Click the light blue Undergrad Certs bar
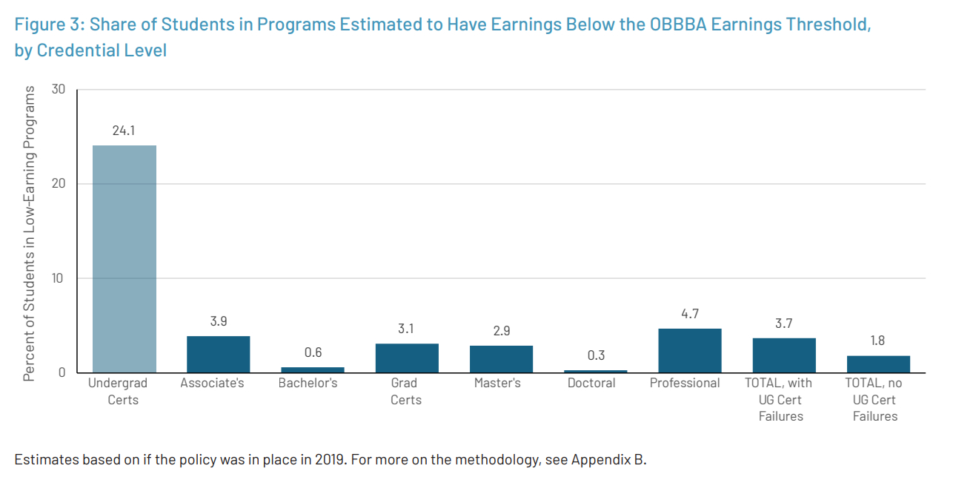click(x=124, y=259)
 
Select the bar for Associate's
click(x=218, y=355)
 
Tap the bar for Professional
click(x=689, y=350)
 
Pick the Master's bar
click(x=501, y=359)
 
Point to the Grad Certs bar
click(x=407, y=358)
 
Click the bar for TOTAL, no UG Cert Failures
click(x=878, y=364)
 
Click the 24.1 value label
click(x=124, y=131)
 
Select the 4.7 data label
click(x=689, y=314)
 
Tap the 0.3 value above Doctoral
click(x=595, y=355)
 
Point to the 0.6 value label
click(x=313, y=352)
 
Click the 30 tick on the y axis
click(x=59, y=89)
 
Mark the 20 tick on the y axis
click(x=59, y=184)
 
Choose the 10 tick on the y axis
click(x=59, y=278)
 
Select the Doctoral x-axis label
click(x=591, y=384)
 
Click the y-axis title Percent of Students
click(x=30, y=233)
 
